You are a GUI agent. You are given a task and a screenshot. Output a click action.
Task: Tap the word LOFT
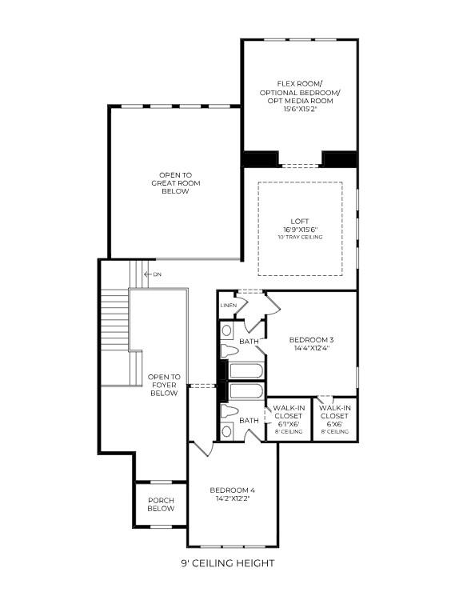300,221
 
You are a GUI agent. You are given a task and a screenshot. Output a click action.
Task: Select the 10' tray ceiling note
300,237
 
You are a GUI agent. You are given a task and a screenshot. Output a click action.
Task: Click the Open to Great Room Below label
175,183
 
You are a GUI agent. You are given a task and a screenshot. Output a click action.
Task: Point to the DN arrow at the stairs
146,274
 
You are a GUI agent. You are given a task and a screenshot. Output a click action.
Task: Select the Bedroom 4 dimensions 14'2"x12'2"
232,498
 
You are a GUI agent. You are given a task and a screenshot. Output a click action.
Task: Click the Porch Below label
161,504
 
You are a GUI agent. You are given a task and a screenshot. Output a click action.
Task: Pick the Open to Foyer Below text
164,385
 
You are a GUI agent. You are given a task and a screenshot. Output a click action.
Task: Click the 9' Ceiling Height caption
227,563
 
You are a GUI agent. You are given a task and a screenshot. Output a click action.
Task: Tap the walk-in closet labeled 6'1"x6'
288,416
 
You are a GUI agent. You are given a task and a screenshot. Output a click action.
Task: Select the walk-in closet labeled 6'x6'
334,416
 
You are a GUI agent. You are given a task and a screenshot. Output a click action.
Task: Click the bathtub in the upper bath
245,371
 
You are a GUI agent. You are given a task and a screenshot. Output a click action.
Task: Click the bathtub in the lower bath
245,392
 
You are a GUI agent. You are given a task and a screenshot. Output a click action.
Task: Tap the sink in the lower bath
226,430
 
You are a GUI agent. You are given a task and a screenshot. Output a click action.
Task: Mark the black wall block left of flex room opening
259,159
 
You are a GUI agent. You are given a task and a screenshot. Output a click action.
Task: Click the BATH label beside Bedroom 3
249,342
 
